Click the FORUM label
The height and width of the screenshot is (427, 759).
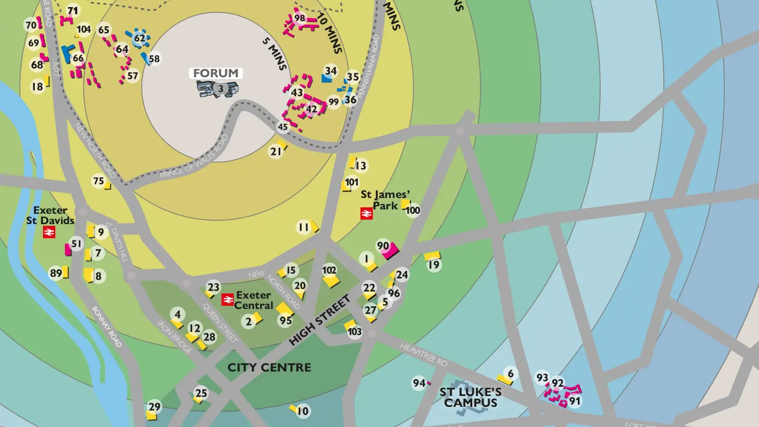216,73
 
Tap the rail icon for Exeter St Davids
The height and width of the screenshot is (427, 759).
49,233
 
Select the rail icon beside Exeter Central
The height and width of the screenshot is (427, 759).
227,300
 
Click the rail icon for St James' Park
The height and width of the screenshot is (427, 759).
366,214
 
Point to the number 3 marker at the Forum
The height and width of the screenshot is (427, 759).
220,88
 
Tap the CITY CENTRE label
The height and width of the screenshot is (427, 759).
269,368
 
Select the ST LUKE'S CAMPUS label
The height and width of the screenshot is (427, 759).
471,398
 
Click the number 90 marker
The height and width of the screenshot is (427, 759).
383,246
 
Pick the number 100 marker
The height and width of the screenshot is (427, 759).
413,211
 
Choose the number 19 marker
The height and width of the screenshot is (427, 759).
434,265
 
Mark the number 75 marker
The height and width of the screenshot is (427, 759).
98,182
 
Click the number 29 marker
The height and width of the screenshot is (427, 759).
155,407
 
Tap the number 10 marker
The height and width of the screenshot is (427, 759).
303,411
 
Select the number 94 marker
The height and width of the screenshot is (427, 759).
418,383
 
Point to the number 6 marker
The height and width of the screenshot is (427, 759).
510,374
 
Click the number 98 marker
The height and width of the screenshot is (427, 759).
300,18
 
